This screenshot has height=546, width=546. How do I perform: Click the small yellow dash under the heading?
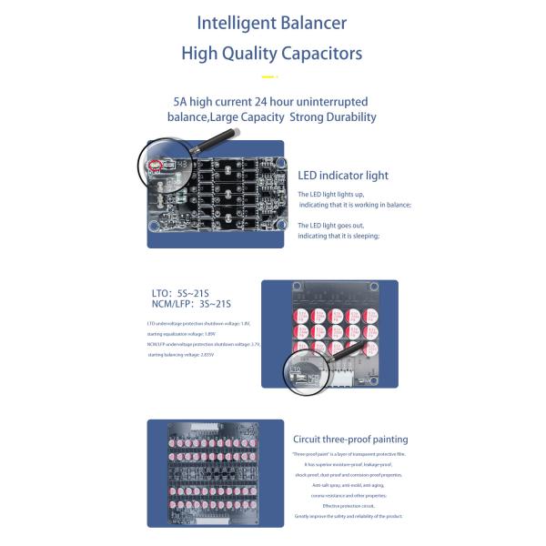pyautogui.click(x=268, y=76)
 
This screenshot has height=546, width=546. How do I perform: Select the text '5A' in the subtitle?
pyautogui.click(x=182, y=102)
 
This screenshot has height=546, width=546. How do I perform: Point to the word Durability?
pyautogui.click(x=342, y=116)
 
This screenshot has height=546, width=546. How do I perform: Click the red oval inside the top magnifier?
pyautogui.click(x=156, y=165)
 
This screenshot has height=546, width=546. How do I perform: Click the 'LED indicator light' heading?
pyautogui.click(x=342, y=175)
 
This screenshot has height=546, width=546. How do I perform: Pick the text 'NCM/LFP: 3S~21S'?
pyautogui.click(x=191, y=304)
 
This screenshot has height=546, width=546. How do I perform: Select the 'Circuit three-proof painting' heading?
pyautogui.click(x=350, y=439)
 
